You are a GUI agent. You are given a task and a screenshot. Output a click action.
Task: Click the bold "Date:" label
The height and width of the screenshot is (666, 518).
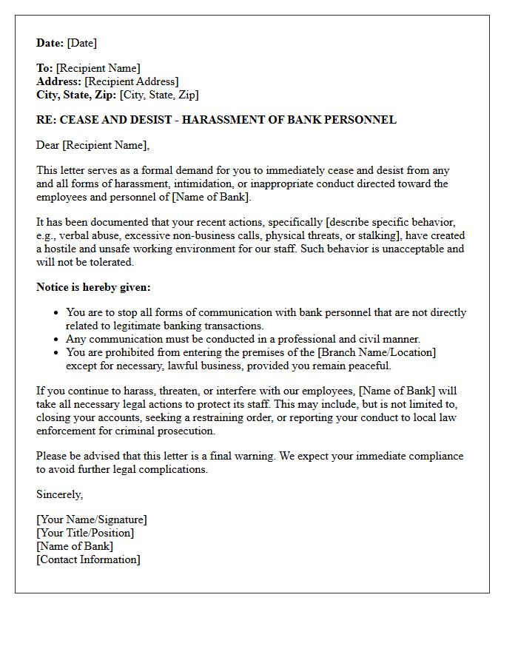50,43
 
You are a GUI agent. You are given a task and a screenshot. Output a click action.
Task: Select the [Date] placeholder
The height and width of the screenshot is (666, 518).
82,43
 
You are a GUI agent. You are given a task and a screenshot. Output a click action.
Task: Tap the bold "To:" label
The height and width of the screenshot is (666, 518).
44,68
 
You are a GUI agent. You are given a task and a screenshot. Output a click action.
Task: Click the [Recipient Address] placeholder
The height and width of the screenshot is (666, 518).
131,81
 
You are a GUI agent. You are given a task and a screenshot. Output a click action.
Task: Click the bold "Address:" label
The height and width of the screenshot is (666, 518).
58,81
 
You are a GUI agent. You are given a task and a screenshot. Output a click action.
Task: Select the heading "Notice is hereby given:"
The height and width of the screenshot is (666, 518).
93,287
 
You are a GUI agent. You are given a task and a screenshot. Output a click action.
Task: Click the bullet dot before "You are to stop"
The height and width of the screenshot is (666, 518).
56,313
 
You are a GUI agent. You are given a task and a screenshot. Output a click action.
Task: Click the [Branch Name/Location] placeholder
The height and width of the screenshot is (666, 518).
377,352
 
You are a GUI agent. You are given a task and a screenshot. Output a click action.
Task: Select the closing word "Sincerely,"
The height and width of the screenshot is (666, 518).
60,494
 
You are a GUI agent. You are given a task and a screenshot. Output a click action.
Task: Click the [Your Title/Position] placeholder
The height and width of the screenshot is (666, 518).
85,533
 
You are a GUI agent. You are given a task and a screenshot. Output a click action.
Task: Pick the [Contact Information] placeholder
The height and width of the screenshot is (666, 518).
88,559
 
